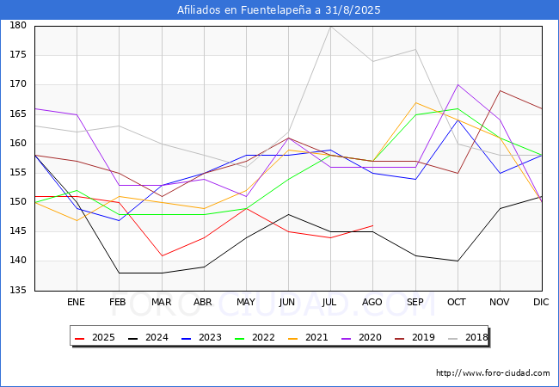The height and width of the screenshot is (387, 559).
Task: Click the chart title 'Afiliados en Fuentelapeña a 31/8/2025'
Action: click(279, 10)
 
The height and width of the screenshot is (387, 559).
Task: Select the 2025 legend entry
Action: click(95, 337)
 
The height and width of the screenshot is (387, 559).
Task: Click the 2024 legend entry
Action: click(148, 337)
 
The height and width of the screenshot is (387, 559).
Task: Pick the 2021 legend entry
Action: click(308, 337)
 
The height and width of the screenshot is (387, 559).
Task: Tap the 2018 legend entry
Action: click(468, 337)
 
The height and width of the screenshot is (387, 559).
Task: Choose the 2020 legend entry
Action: click(361, 337)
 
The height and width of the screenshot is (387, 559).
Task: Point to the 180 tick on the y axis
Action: click(18, 25)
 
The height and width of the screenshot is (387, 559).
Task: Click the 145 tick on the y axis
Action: click(18, 231)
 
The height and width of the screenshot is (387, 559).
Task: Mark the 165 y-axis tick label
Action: click(18, 114)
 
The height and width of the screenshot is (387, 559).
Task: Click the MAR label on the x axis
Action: click(161, 302)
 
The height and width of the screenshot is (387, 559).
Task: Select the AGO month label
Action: click(372, 302)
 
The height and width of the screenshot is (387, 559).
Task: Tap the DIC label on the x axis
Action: click(541, 302)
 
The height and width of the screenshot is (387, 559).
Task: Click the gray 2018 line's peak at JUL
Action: click(330, 27)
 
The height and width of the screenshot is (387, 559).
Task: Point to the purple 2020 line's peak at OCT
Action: click(458, 85)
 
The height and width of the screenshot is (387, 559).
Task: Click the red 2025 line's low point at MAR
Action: click(162, 255)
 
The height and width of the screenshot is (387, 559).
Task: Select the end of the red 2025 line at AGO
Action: click(373, 225)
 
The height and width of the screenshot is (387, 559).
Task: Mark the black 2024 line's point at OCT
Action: click(458, 261)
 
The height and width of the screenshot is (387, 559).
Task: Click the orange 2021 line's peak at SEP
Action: click(415, 102)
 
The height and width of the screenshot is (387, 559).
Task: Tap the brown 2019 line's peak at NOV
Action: click(501, 90)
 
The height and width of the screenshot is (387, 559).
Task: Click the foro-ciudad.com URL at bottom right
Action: click(493, 373)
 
